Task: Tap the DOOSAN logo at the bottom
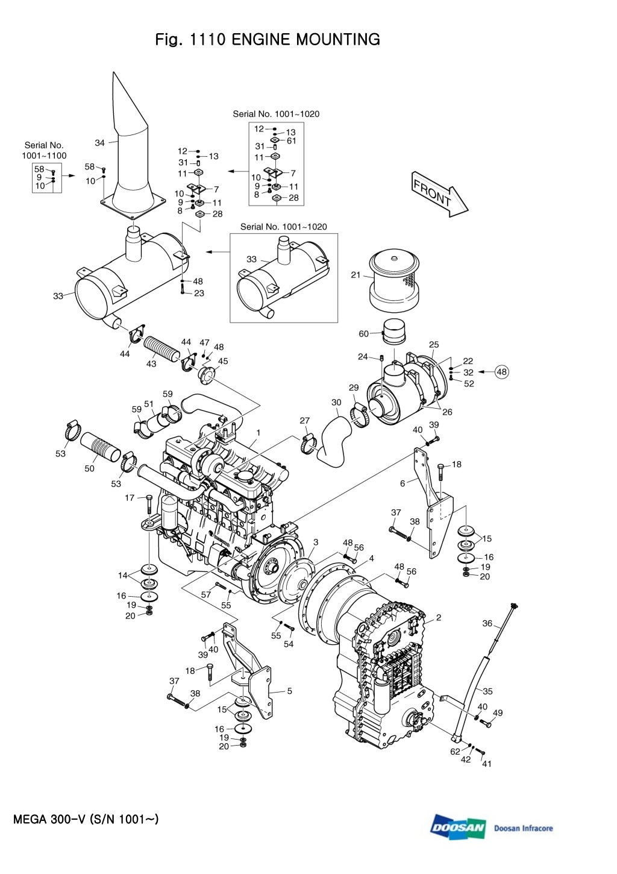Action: pos(458,828)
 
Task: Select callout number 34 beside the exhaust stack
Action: pos(100,143)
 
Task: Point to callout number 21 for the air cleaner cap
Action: pos(355,275)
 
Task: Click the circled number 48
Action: pos(501,372)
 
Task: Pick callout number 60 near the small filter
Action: pos(364,334)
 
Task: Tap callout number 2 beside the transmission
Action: pos(439,617)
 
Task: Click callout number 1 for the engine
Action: pos(258,432)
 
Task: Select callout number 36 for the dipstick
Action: pos(487,624)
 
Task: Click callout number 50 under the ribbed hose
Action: pos(89,468)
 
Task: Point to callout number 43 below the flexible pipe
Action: pos(151,363)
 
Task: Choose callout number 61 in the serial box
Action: pos(292,141)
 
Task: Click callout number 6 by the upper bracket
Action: pos(402,483)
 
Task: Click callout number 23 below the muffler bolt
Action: pos(199,294)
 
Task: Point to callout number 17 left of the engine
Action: pos(130,498)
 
